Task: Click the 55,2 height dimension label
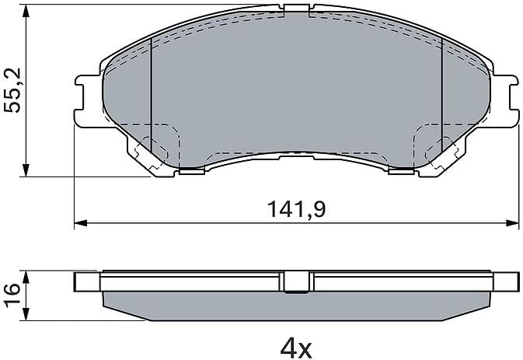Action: point(12,90)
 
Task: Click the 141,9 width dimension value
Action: point(296,209)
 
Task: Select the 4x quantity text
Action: point(296,348)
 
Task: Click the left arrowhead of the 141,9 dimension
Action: point(80,223)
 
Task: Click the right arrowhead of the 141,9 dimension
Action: point(513,223)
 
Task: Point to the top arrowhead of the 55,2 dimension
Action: point(26,11)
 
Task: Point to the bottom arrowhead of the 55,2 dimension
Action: point(26,170)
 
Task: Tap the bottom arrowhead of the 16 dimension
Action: point(26,314)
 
